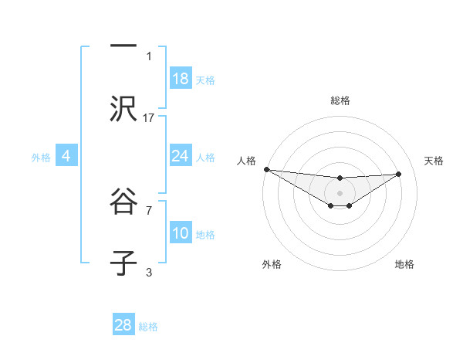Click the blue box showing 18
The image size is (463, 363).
(181, 79)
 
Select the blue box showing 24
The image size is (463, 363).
(181, 156)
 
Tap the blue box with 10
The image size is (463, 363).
(181, 233)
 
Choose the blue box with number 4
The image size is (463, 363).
(66, 156)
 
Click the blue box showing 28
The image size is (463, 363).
(123, 325)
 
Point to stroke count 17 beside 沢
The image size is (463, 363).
(149, 117)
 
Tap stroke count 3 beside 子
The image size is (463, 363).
(149, 272)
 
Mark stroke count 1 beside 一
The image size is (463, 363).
(149, 56)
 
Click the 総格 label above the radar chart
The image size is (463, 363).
(340, 100)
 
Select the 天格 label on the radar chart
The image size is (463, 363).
(434, 161)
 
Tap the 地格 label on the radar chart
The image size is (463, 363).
(404, 264)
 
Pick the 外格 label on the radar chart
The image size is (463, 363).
(272, 264)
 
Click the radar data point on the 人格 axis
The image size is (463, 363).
(266, 169)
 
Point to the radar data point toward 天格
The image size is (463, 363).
(399, 174)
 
